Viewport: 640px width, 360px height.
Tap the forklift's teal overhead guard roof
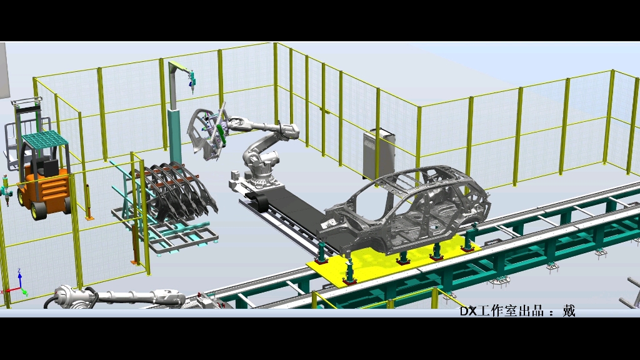click(45, 139)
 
